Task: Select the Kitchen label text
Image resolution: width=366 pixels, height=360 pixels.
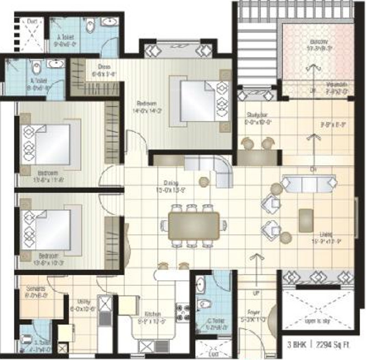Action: click(153, 313)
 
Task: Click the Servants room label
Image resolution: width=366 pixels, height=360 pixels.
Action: click(35, 289)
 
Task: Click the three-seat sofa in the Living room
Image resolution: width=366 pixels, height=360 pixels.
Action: click(308, 183)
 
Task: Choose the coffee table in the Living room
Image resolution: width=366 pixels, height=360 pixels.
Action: click(306, 219)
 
